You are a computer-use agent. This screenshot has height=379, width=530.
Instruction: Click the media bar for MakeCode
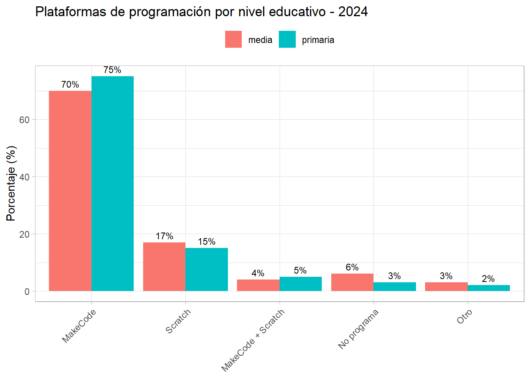coord(70,191)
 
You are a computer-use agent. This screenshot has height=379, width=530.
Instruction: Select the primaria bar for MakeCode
coord(112,184)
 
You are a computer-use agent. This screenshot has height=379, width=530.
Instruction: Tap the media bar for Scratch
coord(164,267)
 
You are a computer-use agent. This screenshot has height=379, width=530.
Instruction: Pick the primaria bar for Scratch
coord(207,270)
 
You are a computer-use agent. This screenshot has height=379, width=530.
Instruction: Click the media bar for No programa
coord(352,282)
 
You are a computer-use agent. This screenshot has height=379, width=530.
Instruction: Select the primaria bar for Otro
coord(489,288)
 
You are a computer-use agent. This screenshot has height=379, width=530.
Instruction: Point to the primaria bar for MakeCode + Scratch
coord(300,284)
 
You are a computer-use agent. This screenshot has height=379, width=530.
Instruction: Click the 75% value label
coord(112,70)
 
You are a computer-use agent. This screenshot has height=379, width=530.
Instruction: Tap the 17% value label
coord(164,236)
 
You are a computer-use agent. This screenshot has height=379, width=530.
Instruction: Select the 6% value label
coord(352,268)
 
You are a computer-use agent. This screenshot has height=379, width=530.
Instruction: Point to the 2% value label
coord(488,279)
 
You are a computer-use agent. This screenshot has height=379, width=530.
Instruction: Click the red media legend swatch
coord(233,39)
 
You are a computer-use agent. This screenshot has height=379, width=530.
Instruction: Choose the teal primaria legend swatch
coord(287,39)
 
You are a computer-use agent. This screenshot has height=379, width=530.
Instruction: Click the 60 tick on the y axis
coord(24,120)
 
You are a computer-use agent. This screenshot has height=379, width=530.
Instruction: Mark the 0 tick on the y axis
coord(27,292)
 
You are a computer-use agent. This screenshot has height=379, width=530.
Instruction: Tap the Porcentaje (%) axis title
coord(11,184)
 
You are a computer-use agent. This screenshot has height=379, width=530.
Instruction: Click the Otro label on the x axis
coord(465,317)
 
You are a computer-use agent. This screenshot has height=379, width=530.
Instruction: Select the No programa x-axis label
coord(358,329)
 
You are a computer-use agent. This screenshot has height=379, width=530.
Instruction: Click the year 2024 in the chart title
coord(353,12)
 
